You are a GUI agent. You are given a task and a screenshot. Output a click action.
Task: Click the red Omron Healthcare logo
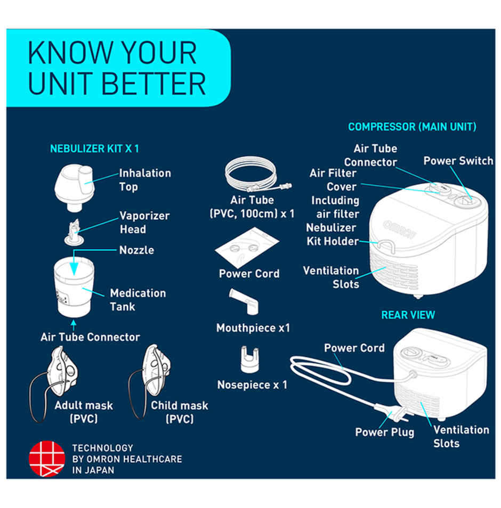click(46, 458)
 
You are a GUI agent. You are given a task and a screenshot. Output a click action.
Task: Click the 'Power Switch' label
click(458, 161)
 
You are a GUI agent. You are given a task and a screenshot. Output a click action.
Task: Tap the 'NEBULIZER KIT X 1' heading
click(94, 149)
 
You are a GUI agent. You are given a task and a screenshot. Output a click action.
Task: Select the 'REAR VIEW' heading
click(408, 315)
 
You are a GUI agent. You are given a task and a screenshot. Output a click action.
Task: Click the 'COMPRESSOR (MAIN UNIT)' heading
click(412, 127)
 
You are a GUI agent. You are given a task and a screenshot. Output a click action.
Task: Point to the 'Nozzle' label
click(136, 250)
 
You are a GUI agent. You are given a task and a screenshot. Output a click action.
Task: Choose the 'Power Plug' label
click(384, 432)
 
